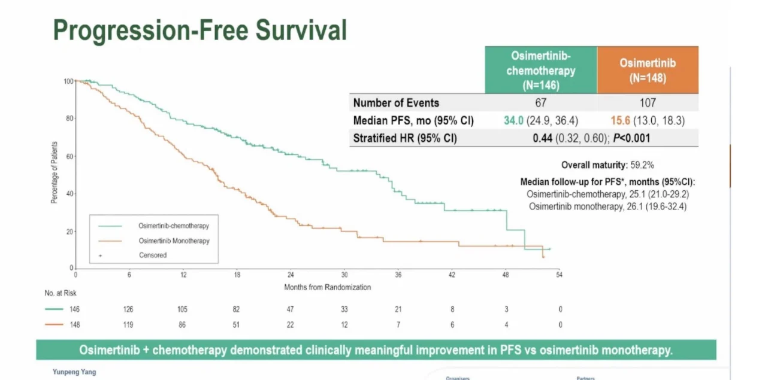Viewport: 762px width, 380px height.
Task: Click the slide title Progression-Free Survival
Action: tap(200, 29)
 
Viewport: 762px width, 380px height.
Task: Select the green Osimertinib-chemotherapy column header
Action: tap(540, 70)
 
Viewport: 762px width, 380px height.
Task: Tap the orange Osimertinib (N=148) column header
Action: tap(647, 70)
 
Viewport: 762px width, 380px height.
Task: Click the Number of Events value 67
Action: tap(541, 103)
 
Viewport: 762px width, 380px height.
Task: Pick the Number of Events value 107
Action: tap(647, 103)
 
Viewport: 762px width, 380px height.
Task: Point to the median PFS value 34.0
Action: tap(513, 121)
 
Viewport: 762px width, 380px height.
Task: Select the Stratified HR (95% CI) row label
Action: tap(405, 138)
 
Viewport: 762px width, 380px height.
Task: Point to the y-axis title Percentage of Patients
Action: tap(55, 172)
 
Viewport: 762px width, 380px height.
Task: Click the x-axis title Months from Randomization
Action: tap(327, 287)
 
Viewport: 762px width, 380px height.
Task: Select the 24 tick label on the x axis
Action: tap(291, 275)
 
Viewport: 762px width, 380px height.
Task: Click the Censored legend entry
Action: tap(152, 255)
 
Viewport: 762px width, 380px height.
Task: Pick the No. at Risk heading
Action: tap(61, 293)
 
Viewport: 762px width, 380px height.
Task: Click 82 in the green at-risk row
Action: tap(237, 309)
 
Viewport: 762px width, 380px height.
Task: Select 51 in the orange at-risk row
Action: tap(237, 324)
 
